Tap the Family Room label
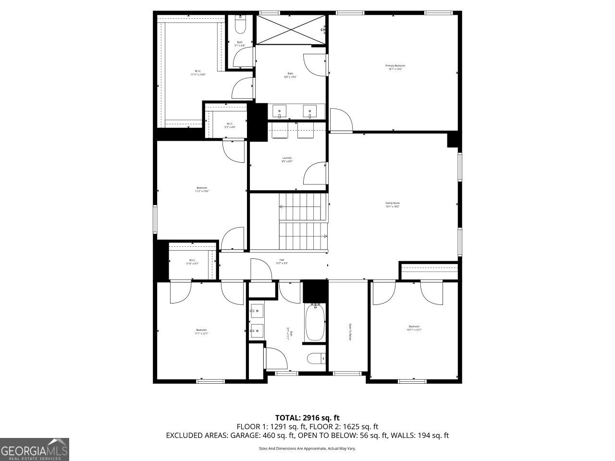[x=393, y=205]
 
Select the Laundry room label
[x=287, y=159]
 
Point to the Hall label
[x=282, y=261]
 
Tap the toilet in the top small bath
[x=240, y=24]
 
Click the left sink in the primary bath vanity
[x=280, y=111]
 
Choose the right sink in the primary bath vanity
[x=309, y=111]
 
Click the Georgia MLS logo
[x=35, y=449]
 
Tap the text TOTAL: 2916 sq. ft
[x=307, y=417]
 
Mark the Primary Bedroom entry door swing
[x=341, y=120]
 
